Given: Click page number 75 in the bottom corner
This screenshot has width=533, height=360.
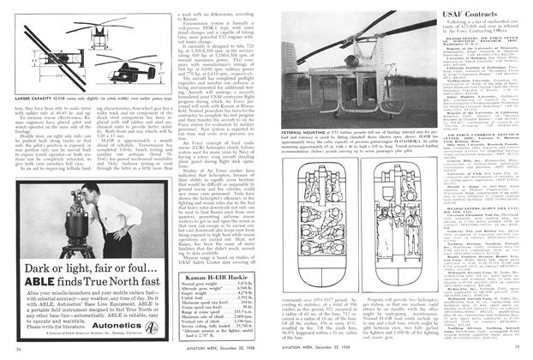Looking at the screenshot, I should [x=515, y=350].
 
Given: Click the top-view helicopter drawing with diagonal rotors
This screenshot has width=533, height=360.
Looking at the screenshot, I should [x=96, y=39].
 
